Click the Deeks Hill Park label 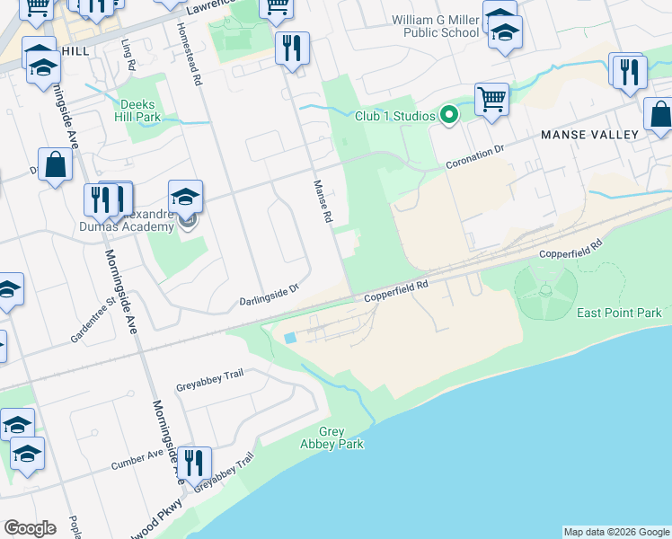coord(137,110)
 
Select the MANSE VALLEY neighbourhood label coord(589,135)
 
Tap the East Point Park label coord(619,313)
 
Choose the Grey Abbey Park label coord(331,438)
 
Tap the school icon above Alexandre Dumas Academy coord(185,196)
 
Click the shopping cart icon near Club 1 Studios coord(491,99)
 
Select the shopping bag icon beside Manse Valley coord(660,114)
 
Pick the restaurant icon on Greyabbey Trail coord(194,463)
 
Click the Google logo coord(30,528)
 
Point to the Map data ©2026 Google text coord(616,532)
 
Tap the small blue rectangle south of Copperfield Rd coord(288,338)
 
